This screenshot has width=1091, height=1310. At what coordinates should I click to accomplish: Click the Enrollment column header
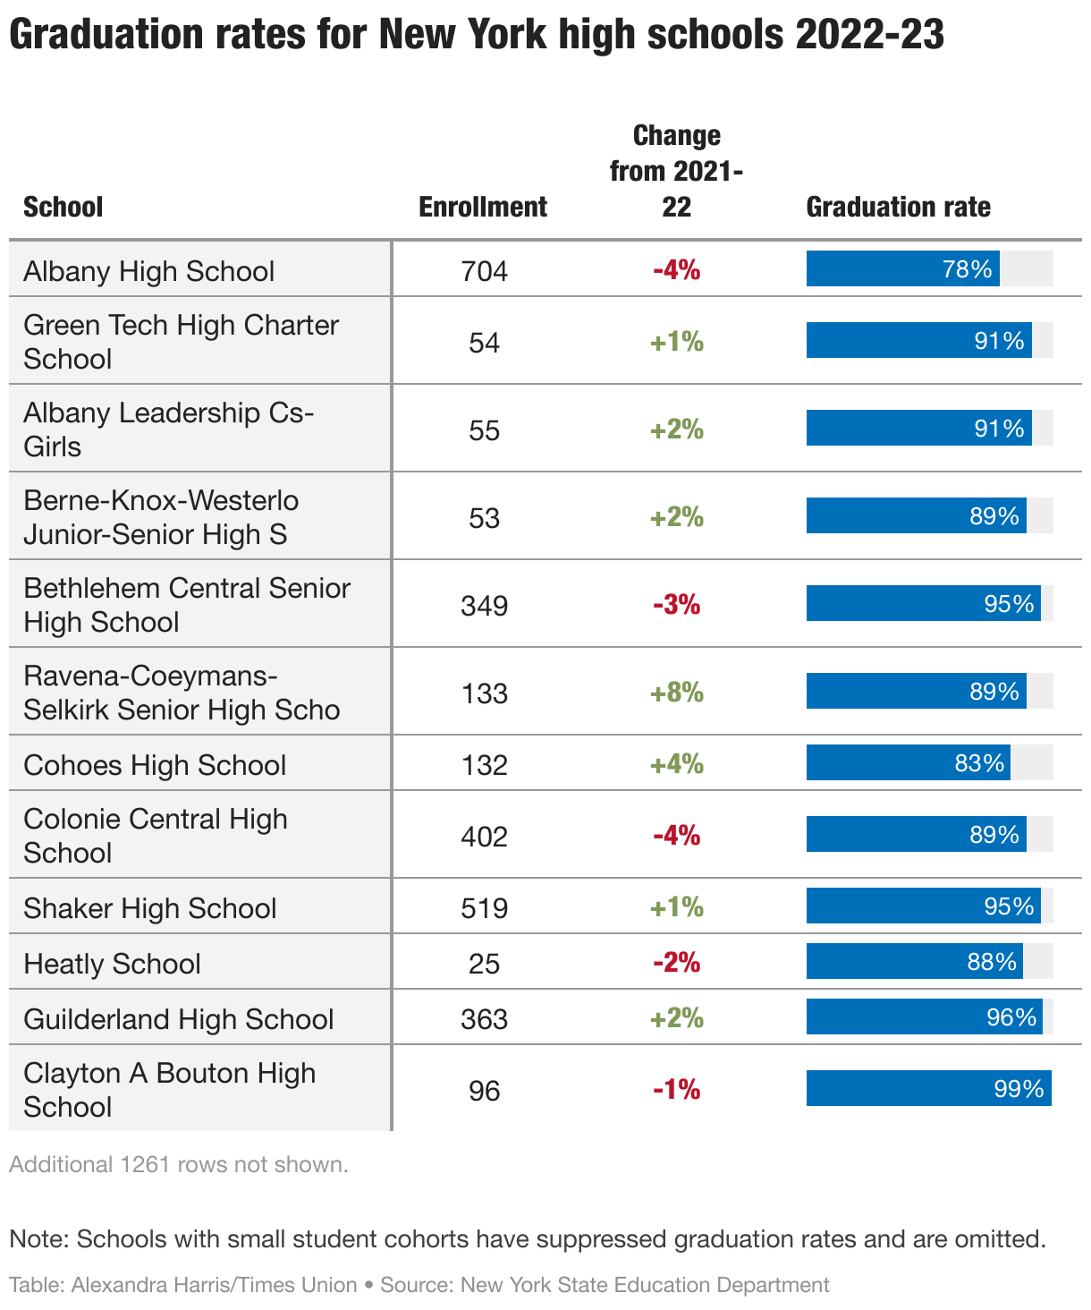coord(483,208)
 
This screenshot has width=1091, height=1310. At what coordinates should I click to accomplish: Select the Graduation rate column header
coord(898,208)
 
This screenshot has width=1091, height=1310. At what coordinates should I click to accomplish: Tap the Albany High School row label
coord(149,271)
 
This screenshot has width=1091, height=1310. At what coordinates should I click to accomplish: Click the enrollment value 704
coord(484,271)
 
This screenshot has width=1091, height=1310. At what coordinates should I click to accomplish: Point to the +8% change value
coord(677,693)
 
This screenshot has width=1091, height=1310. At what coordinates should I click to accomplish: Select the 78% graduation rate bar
coord(902,269)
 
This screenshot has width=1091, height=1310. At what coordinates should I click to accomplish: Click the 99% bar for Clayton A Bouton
coord(928,1089)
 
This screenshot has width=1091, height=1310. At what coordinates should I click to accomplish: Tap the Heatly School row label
coord(113,964)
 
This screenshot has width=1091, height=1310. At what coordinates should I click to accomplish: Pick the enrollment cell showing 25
coord(484,964)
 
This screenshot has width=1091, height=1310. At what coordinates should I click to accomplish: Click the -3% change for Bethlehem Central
coord(677,605)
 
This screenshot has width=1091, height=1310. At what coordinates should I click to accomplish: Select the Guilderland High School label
coord(179,1019)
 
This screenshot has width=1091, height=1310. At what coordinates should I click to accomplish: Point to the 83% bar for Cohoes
coord(908,763)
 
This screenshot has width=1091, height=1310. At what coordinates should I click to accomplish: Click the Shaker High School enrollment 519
coord(484,908)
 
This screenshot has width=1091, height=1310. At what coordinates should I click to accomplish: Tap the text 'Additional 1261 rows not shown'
coord(179,1165)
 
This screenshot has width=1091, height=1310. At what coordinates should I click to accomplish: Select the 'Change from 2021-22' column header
coord(677,171)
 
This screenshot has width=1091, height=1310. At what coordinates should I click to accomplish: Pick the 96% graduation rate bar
coord(924,1017)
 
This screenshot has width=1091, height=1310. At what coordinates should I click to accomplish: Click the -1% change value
coord(677,1090)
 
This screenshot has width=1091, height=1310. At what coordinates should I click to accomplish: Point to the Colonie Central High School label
coord(156,836)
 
